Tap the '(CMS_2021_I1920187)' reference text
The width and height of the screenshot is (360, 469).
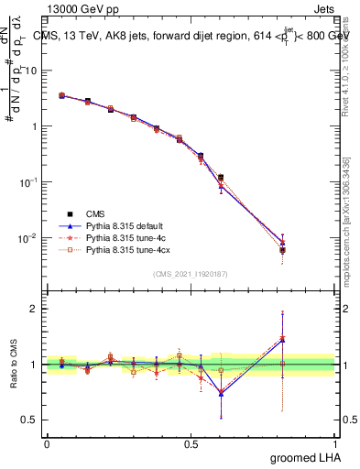[x=191, y=272]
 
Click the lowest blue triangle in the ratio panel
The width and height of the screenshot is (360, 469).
[x=221, y=393]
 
